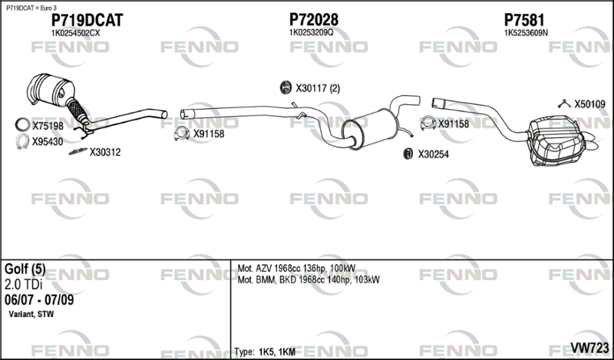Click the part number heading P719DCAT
[86, 19]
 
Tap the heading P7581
[525, 19]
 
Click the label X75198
[48, 124]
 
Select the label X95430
[48, 141]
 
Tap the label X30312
[105, 152]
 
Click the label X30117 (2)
[317, 88]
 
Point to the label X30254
[433, 154]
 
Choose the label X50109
[590, 104]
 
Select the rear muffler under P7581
[553, 142]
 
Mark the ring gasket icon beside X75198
[21, 124]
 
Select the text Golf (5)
[25, 269]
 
